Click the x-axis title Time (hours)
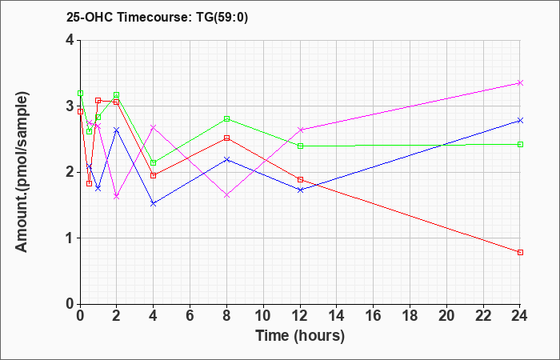[x=300, y=336]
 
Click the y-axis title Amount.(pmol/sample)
[x=22, y=172]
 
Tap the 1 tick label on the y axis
[x=70, y=238]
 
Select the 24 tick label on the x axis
[x=519, y=316]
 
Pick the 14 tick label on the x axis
[x=337, y=316]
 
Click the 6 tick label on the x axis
[x=190, y=316]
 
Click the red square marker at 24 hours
[x=520, y=252]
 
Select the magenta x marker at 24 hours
[x=520, y=83]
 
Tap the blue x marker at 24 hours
[x=520, y=120]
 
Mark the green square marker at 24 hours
[x=520, y=144]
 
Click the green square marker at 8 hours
[x=226, y=118]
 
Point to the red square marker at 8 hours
[x=226, y=138]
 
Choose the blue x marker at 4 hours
[x=154, y=203]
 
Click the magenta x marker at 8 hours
[x=226, y=195]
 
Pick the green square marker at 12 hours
[x=300, y=146]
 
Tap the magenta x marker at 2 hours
[x=117, y=197]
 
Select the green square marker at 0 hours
[x=80, y=94]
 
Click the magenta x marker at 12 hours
[x=300, y=130]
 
